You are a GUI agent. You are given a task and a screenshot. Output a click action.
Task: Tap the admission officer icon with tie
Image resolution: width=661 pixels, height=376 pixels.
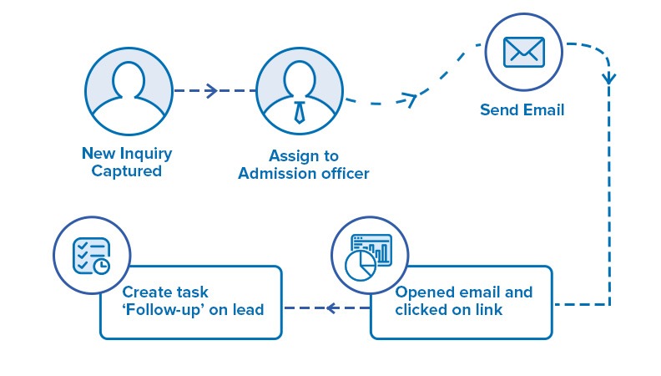point(299,89)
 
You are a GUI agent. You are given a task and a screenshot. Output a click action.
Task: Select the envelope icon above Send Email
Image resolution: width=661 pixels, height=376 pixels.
point(522,52)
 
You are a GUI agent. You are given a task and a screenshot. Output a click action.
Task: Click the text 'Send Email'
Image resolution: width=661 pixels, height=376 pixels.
point(522,110)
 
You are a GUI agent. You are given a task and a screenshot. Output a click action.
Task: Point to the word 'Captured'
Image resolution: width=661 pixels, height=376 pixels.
point(127,171)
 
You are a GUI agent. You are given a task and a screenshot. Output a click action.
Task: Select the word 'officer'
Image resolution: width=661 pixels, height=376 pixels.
point(343,174)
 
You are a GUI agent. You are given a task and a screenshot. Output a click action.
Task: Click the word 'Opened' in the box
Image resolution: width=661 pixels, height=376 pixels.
point(425,292)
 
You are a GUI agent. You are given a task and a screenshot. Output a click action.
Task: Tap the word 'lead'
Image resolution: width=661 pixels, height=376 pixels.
point(247,310)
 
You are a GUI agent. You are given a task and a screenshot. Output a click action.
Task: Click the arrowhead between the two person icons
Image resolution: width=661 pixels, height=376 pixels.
point(210,90)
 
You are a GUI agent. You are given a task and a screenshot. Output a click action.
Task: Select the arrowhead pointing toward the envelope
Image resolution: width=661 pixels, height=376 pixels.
point(409,99)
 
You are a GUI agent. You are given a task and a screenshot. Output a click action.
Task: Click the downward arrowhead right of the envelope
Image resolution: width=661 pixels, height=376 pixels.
point(610,79)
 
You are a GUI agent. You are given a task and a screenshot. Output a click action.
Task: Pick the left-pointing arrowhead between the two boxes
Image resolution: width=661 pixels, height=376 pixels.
point(330,308)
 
